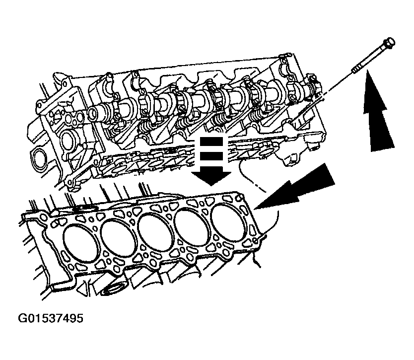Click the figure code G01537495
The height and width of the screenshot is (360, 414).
[x=51, y=318]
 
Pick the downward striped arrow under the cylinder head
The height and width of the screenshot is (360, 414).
[x=211, y=161]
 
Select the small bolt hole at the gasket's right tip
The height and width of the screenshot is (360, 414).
[x=256, y=239]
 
